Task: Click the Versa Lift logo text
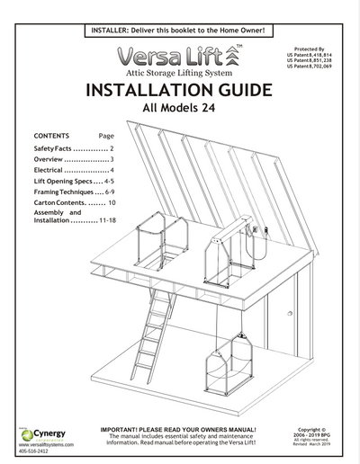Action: [x=178, y=56]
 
